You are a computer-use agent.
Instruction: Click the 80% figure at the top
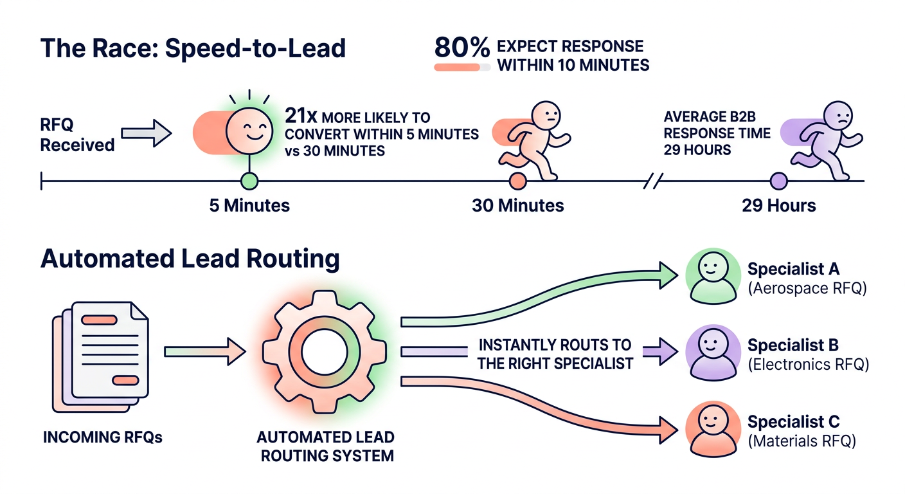pyautogui.click(x=461, y=47)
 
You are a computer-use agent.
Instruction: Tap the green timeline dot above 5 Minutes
pyautogui.click(x=249, y=181)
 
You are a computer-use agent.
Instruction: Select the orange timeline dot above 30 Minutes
pyautogui.click(x=517, y=181)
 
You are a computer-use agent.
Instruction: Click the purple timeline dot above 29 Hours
pyautogui.click(x=778, y=181)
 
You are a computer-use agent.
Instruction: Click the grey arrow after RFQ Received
pyautogui.click(x=147, y=134)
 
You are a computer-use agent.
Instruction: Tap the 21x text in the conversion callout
pyautogui.click(x=301, y=118)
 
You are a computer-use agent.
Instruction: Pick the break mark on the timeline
pyautogui.click(x=652, y=181)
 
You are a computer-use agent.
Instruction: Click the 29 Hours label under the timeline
pyautogui.click(x=778, y=206)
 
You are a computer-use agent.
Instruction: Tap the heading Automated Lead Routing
pyautogui.click(x=190, y=259)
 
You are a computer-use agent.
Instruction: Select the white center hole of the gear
pyautogui.click(x=325, y=352)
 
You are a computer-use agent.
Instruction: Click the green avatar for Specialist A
pyautogui.click(x=712, y=276)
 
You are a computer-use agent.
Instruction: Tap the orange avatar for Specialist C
pyautogui.click(x=712, y=429)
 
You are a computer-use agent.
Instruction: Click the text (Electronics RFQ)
pyautogui.click(x=809, y=365)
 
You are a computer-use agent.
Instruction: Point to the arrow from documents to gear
pyautogui.click(x=205, y=352)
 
